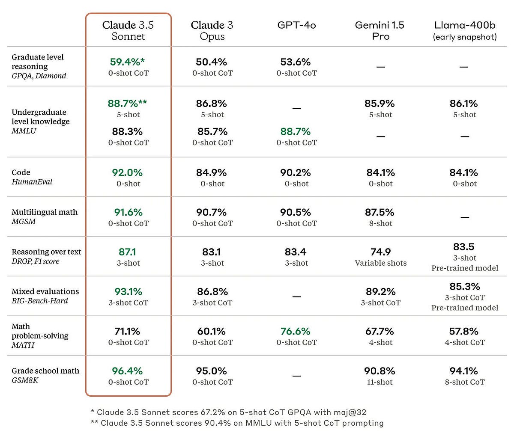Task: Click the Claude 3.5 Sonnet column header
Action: (128, 31)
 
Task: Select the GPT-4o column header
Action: (296, 25)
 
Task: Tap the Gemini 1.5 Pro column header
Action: (380, 31)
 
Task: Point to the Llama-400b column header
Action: (465, 31)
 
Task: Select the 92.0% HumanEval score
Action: (127, 172)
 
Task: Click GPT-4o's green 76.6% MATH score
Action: (296, 331)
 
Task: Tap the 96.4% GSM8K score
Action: (127, 371)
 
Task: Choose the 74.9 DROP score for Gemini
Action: (380, 252)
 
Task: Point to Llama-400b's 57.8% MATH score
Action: (465, 331)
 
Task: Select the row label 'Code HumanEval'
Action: (32, 177)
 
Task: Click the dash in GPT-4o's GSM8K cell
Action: (296, 376)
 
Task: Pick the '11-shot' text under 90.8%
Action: (380, 382)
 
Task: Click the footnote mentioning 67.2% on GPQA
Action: (228, 412)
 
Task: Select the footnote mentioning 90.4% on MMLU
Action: (237, 423)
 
